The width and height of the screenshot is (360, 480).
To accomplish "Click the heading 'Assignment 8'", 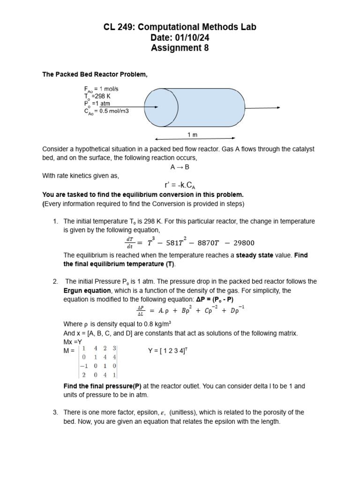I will coord(180,48).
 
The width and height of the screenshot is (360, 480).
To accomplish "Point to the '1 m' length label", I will coord(193,135).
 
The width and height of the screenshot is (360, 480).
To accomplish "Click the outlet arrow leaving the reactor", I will coord(262,108).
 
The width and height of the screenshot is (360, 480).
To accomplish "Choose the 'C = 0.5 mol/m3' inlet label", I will coord(106,111).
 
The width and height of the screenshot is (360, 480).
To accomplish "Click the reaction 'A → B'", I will coord(180,166).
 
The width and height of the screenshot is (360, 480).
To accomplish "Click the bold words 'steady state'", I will coord(255,255).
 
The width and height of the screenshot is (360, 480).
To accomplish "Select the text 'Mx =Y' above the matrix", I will coord(73,342).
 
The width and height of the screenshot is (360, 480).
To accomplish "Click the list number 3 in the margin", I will coord(55,412).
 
